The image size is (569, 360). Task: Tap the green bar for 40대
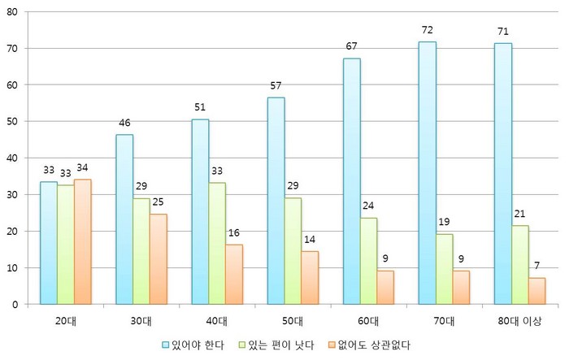pyautogui.click(x=217, y=243)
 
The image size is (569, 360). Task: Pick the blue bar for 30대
pyautogui.click(x=124, y=219)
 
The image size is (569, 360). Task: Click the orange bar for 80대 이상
pyautogui.click(x=536, y=291)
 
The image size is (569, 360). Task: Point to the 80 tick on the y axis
pyautogui.click(x=16, y=11)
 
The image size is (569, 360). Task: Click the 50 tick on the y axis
pyautogui.click(x=16, y=121)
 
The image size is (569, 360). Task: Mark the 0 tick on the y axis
pyautogui.click(x=19, y=304)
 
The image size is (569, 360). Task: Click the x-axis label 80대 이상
pyautogui.click(x=519, y=319)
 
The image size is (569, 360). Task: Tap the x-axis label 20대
pyautogui.click(x=66, y=319)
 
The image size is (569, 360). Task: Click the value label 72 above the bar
pyautogui.click(x=428, y=30)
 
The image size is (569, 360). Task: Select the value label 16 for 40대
pyautogui.click(x=234, y=232)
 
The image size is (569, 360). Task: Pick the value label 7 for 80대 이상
pyautogui.click(x=536, y=267)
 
